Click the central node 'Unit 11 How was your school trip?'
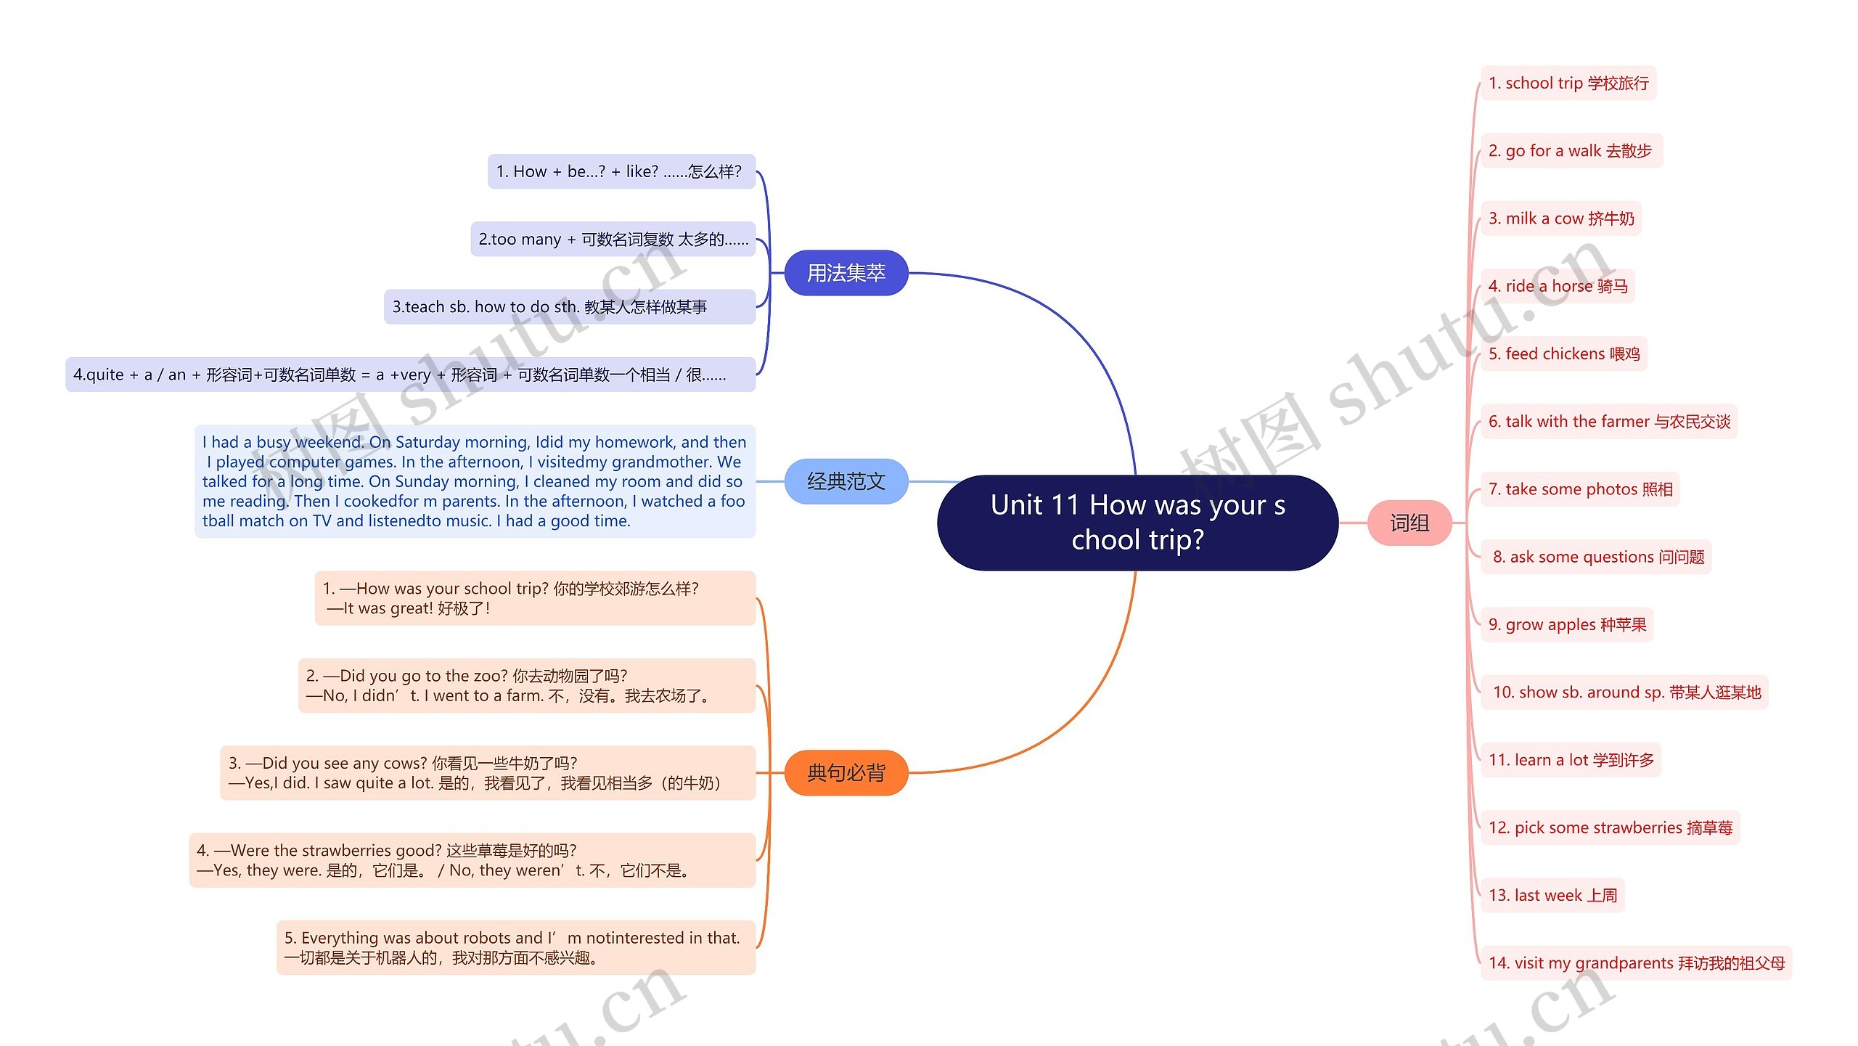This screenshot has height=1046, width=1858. point(1137,523)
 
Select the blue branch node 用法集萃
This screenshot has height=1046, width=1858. point(846,273)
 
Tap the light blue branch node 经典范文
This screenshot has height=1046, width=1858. point(846,481)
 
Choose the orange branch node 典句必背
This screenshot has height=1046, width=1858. point(846,772)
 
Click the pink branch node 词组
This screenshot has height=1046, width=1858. point(1409,523)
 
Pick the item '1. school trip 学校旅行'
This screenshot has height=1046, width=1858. point(1568,83)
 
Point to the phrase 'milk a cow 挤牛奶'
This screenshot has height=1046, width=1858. point(1560,218)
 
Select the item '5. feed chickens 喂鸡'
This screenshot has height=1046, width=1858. point(1563,354)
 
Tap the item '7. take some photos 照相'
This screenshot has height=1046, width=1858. point(1579,489)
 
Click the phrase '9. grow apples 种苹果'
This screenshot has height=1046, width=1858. point(1566,624)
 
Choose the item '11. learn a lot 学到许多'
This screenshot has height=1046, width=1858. point(1571,760)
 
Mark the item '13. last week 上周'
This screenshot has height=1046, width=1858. point(1552,895)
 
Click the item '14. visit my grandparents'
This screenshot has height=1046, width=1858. point(1636,963)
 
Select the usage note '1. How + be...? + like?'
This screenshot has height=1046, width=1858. point(621,171)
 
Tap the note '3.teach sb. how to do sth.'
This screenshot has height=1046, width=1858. point(569,307)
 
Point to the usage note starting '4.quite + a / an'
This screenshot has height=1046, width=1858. point(410,375)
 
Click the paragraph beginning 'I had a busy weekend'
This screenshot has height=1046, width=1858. point(475,481)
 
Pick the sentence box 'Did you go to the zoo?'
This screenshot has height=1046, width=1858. point(526,685)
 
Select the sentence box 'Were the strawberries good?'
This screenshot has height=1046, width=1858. point(472,860)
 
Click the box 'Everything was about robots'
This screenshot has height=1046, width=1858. point(515,947)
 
